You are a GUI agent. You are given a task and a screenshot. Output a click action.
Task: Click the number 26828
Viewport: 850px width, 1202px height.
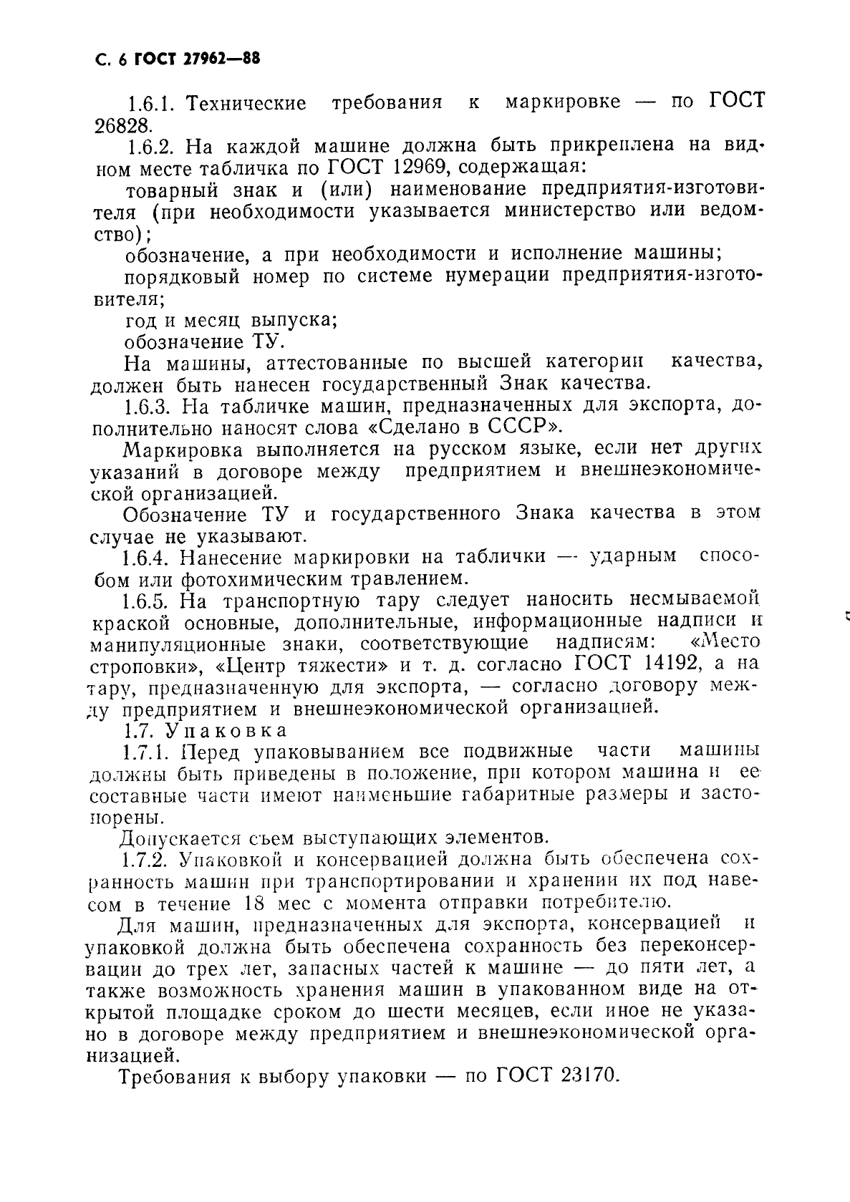(x=123, y=126)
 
